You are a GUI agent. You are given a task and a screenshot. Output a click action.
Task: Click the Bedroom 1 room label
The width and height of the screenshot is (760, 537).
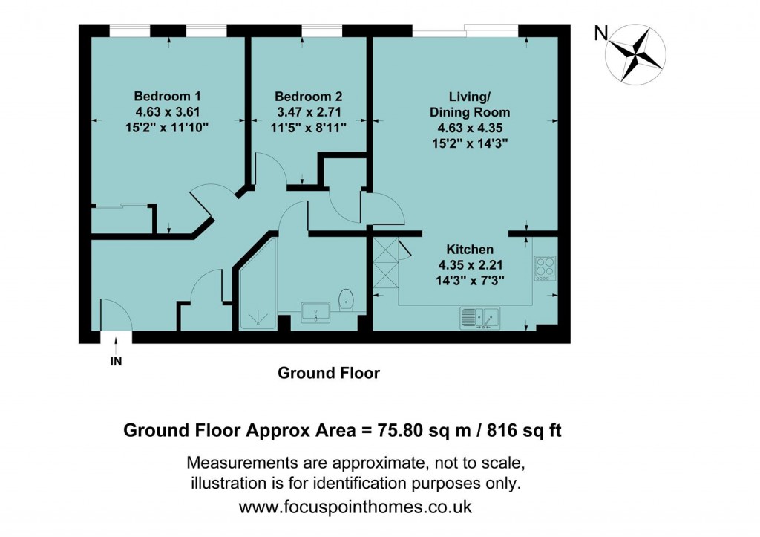point(167,97)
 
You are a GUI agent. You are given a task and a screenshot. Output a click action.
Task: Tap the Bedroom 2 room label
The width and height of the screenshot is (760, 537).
point(308,97)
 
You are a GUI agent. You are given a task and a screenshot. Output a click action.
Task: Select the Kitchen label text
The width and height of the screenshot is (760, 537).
point(469,250)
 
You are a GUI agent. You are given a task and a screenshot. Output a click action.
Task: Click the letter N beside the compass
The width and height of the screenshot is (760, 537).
point(601,33)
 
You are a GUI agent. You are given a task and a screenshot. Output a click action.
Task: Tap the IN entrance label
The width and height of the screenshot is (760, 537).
point(117,362)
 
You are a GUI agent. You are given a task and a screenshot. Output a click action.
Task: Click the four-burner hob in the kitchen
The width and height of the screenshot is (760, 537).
point(545,267)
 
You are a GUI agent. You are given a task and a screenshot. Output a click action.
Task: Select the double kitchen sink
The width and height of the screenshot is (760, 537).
point(481,317)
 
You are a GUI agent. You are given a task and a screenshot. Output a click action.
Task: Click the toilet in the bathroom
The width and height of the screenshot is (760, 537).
point(346,300)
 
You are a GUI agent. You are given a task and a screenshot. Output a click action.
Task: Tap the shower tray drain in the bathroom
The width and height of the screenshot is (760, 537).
point(257,316)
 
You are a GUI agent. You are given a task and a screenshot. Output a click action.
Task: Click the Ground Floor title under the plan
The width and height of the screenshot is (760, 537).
point(328,373)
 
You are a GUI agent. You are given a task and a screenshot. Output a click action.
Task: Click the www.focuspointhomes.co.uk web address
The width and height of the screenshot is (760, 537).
point(356,507)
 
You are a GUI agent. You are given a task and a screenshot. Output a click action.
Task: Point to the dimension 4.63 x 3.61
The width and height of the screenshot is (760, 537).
point(167,112)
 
